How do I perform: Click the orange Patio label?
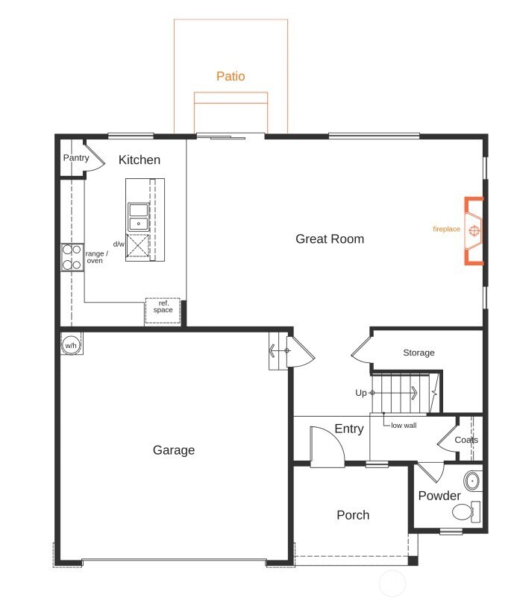(x=231, y=76)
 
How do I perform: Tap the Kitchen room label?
(x=140, y=160)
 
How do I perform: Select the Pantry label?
(x=75, y=158)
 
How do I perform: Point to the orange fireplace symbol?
(x=474, y=231)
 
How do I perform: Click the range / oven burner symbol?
(x=72, y=257)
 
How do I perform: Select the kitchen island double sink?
(x=138, y=216)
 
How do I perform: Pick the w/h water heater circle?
(x=71, y=345)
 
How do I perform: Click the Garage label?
(x=174, y=450)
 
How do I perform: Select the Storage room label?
(x=419, y=353)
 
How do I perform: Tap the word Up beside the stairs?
(x=361, y=393)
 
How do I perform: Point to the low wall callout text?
(x=404, y=425)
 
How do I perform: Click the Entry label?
(x=349, y=429)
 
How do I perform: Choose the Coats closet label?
(x=466, y=440)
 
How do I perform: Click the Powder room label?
(x=439, y=496)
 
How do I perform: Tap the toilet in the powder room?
(x=465, y=512)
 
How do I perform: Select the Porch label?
(x=353, y=515)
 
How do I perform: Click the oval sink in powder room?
(x=472, y=480)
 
